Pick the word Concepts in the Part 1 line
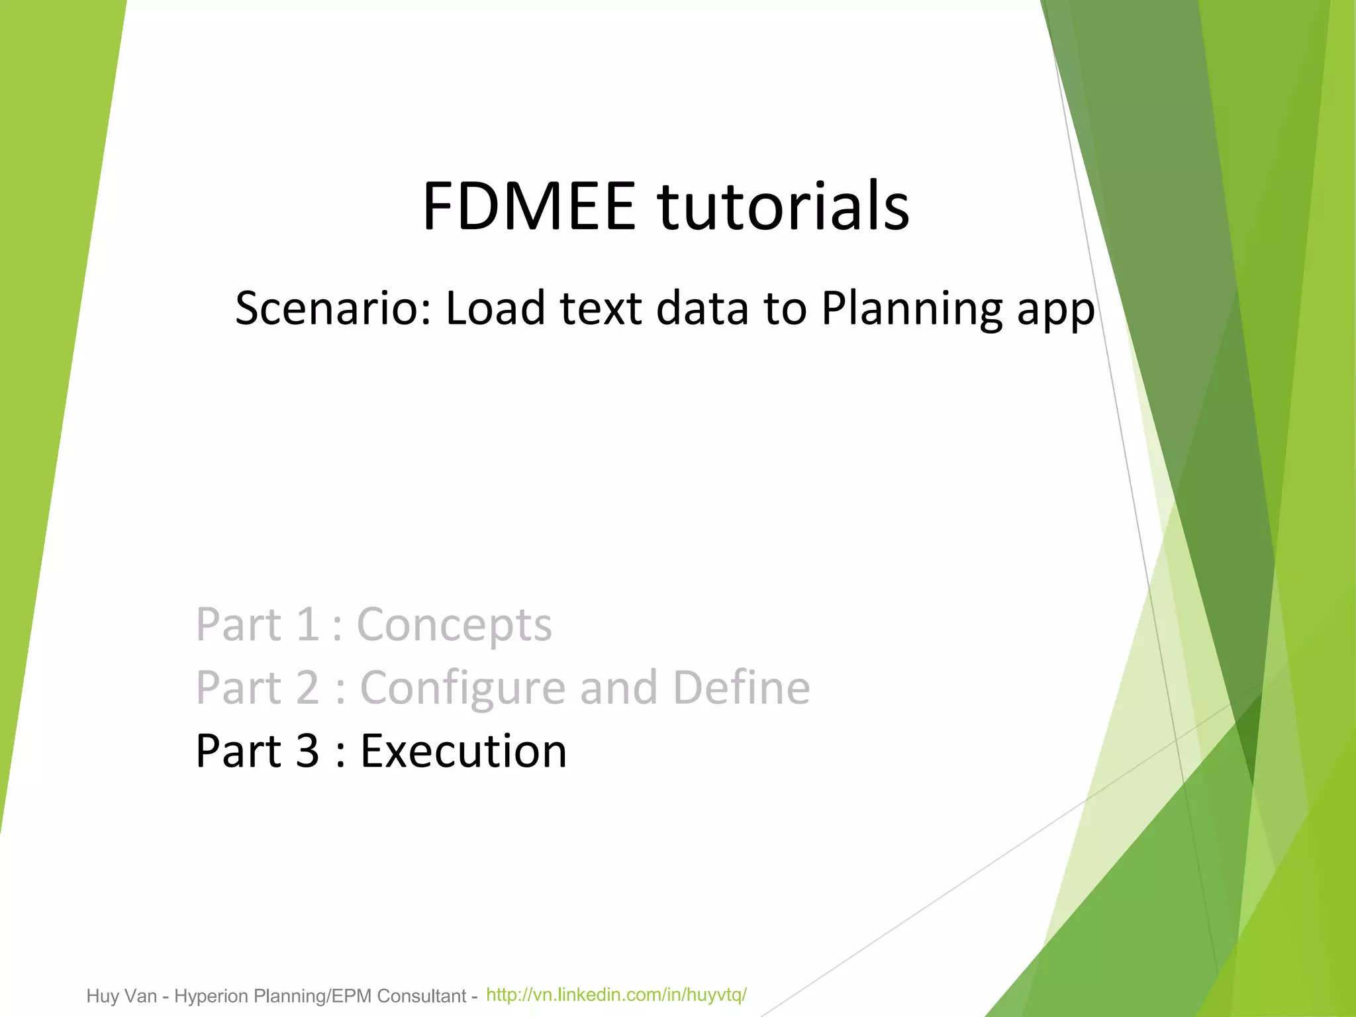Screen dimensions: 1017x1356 454,626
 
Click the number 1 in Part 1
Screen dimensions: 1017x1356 307,624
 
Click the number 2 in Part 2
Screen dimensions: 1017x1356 308,688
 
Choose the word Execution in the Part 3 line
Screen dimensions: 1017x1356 463,751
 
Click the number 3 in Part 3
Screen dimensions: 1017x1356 307,751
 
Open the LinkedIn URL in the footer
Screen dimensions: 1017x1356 616,994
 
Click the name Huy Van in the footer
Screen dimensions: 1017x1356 122,996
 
